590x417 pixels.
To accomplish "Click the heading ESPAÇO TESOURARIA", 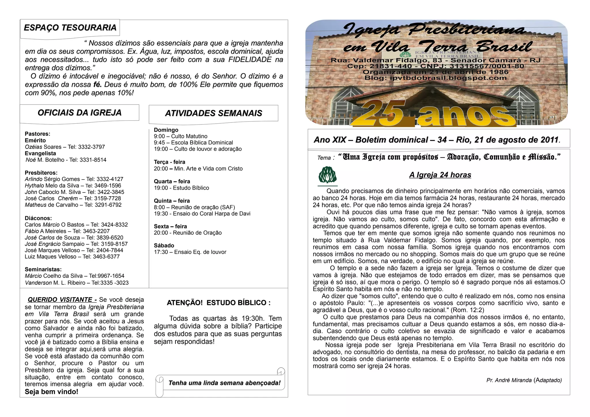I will (x=70, y=28).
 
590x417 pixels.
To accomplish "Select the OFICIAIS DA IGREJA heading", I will (x=80, y=113).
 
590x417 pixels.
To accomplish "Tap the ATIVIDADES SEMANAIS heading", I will (x=213, y=113).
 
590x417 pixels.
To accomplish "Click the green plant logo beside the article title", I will (x=328, y=175).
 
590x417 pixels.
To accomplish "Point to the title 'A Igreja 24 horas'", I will (x=440, y=175).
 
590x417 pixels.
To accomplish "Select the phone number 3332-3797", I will (x=91, y=147).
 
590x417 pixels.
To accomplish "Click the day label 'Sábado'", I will (x=164, y=246).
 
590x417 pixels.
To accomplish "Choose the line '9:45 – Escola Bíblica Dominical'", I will (x=193, y=143).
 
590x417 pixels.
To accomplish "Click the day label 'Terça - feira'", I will (x=169, y=162).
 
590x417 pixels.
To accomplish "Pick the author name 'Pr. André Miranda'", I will (x=509, y=380).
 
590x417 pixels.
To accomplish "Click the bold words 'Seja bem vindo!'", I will (x=52, y=392).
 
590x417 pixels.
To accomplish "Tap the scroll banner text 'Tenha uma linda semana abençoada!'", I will (x=224, y=383).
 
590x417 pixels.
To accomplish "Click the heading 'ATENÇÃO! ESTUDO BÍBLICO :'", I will (x=219, y=303).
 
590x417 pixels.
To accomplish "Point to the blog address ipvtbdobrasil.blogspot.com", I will (x=448, y=78).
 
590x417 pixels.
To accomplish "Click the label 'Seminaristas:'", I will (x=43, y=269).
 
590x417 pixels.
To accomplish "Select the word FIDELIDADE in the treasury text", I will (x=250, y=60).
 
